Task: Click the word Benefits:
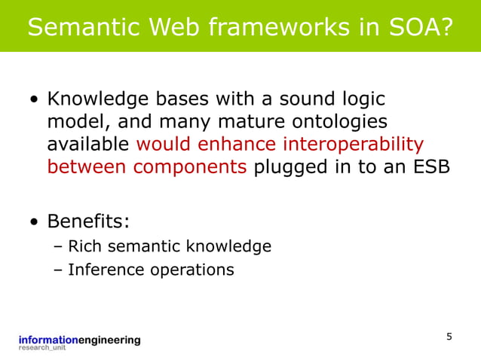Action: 87,222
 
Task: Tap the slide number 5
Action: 449,337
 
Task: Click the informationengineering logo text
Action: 80,340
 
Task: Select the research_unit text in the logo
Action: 42,349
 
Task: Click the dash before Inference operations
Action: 59,269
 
